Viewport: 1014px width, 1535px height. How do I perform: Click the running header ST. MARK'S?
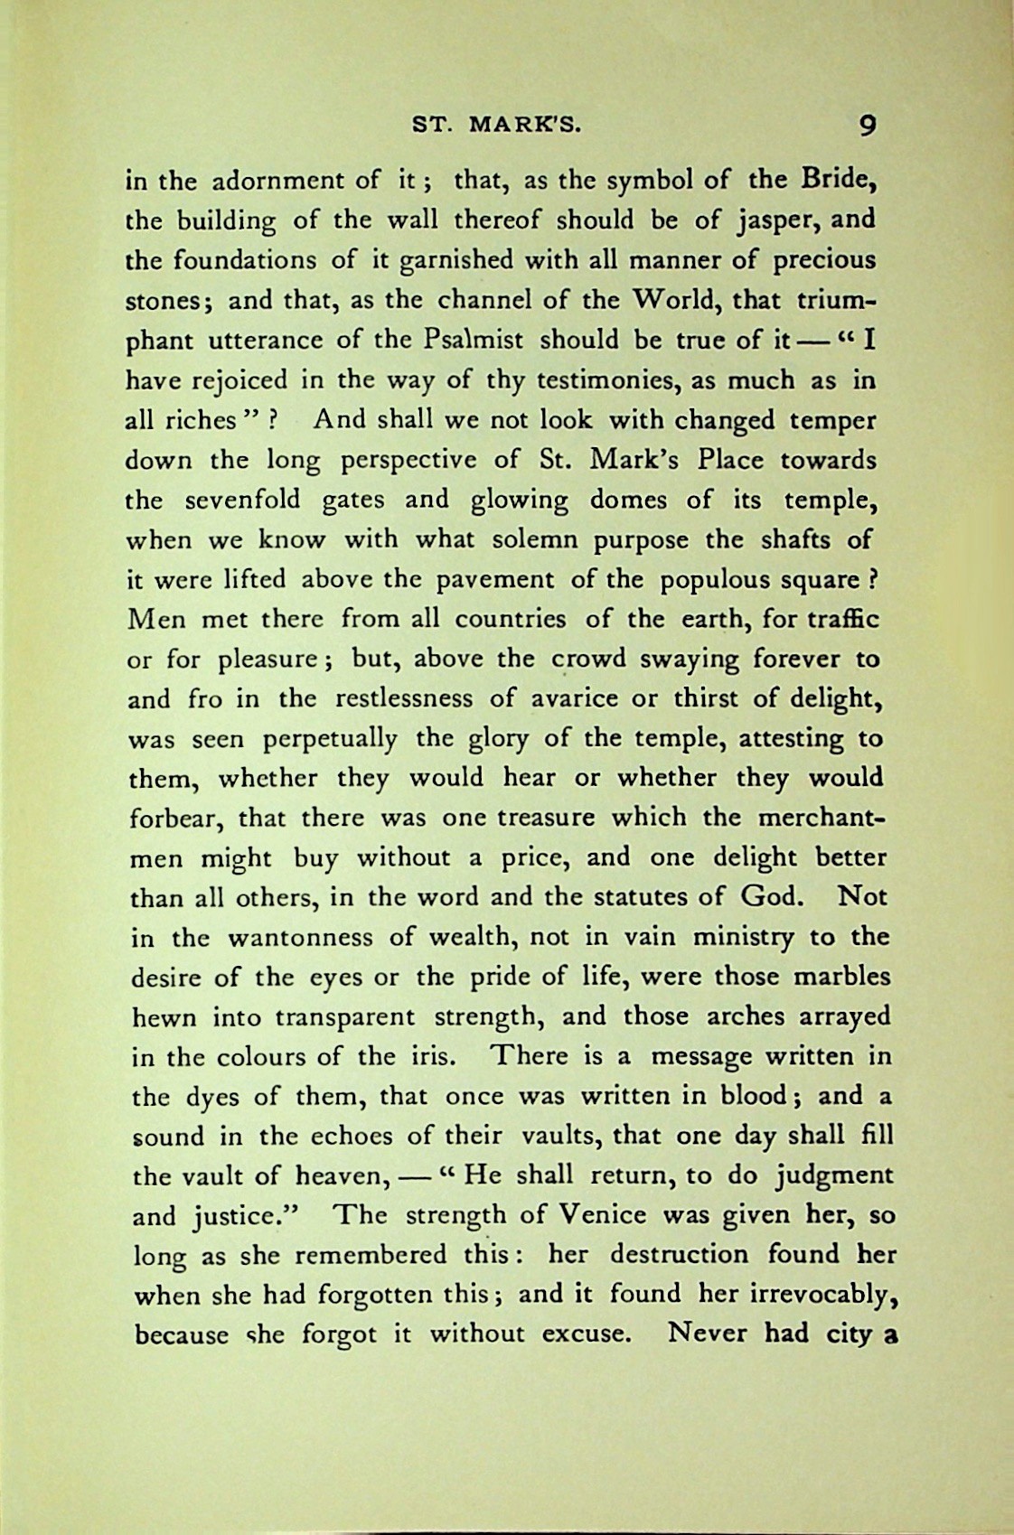497,126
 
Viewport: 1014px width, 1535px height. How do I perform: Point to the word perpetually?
330,739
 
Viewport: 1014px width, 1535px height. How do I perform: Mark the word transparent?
344,1016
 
